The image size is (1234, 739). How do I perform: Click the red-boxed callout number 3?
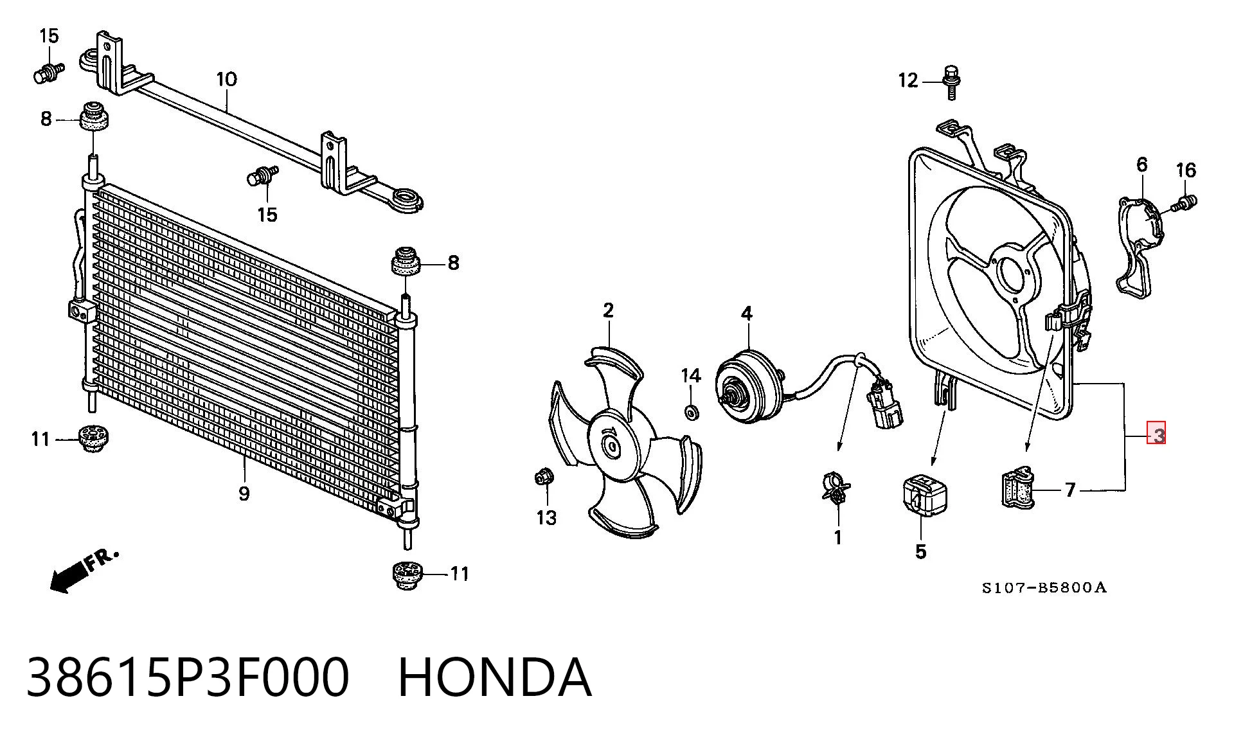1157,435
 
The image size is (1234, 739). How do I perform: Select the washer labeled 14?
692,411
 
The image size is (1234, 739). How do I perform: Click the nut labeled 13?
542,477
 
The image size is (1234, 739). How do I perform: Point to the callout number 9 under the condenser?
244,494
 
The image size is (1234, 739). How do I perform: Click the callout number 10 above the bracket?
227,80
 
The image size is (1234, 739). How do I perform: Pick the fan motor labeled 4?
749,386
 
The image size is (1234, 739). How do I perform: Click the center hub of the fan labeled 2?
613,445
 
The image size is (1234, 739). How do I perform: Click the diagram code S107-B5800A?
1044,587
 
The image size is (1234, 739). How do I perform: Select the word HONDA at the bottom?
495,677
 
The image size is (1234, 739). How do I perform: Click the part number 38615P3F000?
188,677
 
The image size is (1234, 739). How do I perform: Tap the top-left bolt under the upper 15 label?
48,72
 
